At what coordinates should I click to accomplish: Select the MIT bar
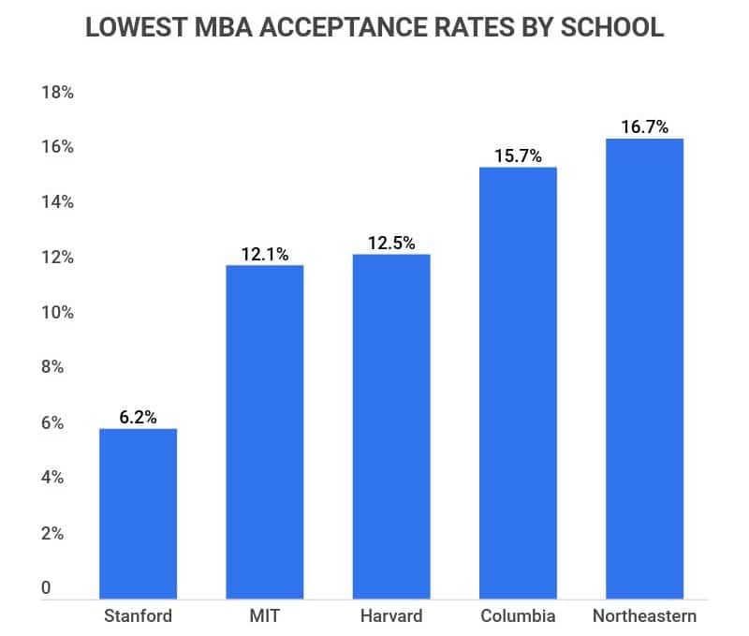point(264,431)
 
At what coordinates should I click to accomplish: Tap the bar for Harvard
point(391,425)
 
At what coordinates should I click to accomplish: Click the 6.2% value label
point(138,415)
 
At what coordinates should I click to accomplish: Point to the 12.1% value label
point(264,252)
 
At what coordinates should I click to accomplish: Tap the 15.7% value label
point(518,155)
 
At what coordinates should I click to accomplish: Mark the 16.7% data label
point(644,126)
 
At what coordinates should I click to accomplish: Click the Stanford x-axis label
point(138,615)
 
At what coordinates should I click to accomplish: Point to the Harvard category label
point(391,615)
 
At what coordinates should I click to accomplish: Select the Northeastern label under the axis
point(644,615)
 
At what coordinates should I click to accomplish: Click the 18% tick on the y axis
point(57,93)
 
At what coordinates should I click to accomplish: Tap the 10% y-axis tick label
point(57,313)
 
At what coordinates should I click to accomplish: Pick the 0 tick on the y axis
point(46,588)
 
